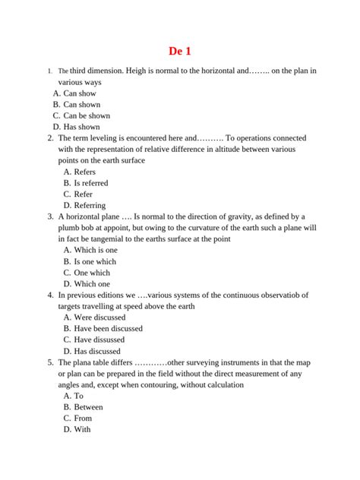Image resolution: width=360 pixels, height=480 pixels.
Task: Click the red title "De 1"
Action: click(x=180, y=51)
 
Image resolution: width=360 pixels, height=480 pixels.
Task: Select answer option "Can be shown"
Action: click(x=87, y=115)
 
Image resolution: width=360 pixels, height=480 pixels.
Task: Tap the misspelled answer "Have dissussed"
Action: click(x=102, y=339)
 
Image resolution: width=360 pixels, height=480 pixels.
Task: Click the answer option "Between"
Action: click(x=88, y=407)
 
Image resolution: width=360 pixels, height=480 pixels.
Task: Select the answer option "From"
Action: click(x=83, y=418)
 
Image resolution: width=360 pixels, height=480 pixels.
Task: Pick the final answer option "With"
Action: click(x=82, y=429)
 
